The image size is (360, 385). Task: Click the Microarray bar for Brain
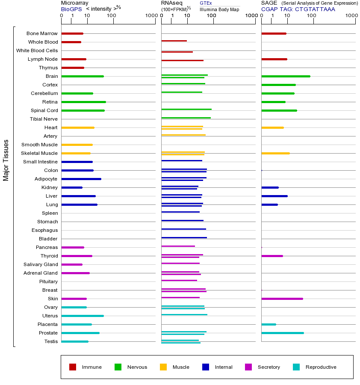tap(83, 76)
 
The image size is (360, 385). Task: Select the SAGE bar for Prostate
tap(282, 333)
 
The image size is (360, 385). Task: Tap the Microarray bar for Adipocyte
tap(81, 179)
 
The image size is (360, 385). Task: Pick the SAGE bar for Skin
tap(282, 299)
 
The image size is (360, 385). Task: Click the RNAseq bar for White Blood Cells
tap(177, 52)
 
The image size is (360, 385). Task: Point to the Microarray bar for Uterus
tap(83, 316)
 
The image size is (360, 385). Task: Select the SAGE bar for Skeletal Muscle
tap(275, 153)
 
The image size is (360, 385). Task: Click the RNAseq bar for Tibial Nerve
tap(186, 118)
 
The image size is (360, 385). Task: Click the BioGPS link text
tap(71, 9)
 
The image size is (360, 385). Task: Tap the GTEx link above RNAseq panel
tap(206, 3)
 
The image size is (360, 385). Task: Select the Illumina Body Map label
tap(219, 9)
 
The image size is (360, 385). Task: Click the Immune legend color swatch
tap(73, 367)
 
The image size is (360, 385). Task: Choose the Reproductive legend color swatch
tap(296, 367)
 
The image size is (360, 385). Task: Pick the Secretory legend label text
tap(269, 367)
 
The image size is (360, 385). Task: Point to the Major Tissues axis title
tap(6, 160)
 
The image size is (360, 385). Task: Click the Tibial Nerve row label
tap(44, 119)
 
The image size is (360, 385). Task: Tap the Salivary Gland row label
tap(41, 264)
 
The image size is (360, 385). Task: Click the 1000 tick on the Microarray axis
tap(150, 16)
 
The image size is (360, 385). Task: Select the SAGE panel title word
tap(269, 3)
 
